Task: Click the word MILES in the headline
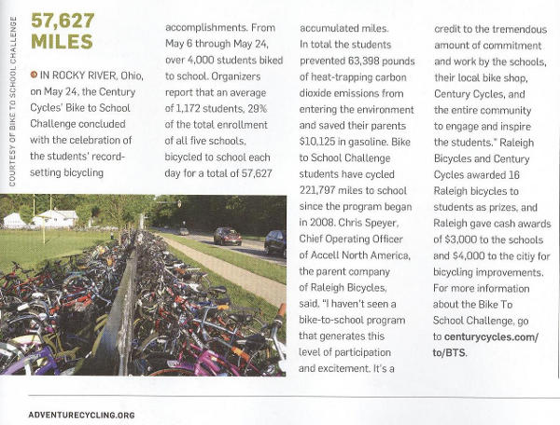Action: [x=62, y=42]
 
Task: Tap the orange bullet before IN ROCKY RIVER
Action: [x=35, y=74]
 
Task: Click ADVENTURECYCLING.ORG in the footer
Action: [x=82, y=414]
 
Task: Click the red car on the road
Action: [x=227, y=237]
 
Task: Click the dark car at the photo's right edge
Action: [x=276, y=243]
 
